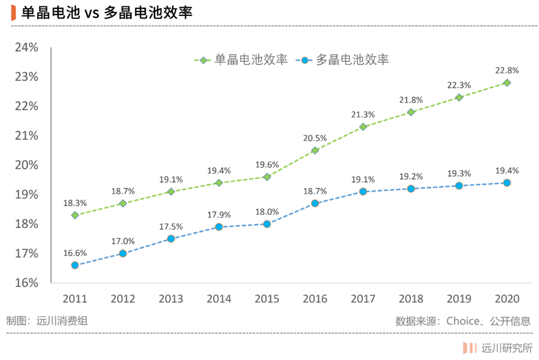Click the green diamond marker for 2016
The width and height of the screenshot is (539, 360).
point(315,151)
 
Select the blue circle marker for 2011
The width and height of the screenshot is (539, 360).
point(75,265)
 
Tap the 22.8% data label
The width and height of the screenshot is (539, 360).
point(507,70)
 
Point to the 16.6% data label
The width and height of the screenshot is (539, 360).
point(75,253)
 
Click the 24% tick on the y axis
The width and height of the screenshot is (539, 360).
point(26,47)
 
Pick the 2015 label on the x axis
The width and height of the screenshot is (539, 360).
point(267,299)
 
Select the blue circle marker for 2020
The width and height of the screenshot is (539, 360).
point(507,183)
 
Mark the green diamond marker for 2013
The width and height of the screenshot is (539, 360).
point(171,191)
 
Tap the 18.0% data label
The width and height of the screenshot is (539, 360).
point(267,212)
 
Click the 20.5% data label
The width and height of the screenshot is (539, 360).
point(315,138)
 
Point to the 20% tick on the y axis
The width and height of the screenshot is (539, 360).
point(26,165)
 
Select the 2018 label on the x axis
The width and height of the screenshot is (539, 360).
point(411,299)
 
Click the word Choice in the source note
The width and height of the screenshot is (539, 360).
point(463,321)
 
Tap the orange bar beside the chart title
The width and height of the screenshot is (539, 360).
point(14,12)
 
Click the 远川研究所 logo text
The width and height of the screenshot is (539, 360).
point(507,348)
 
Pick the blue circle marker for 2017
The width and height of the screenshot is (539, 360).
point(363,191)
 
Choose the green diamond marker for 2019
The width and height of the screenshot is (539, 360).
point(459,98)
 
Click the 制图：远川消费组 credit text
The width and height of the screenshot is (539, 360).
point(47,321)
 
